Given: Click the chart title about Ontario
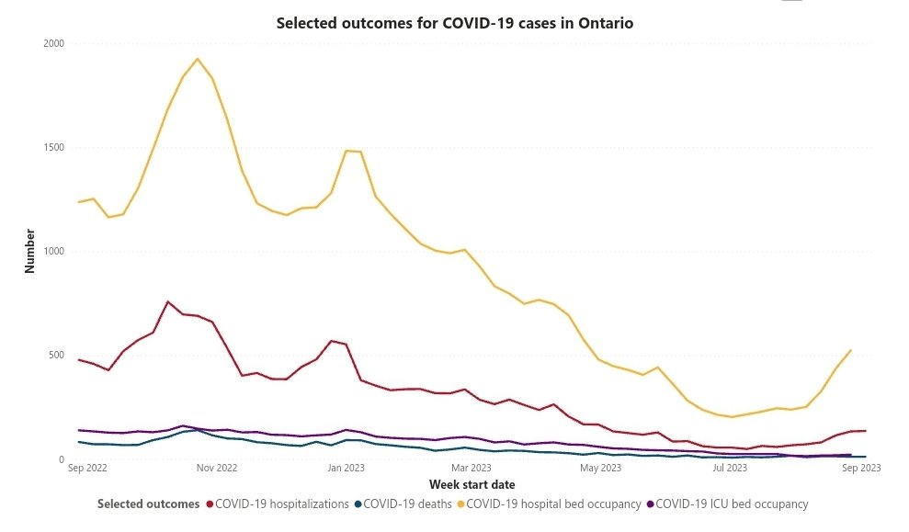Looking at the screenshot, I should (455, 23).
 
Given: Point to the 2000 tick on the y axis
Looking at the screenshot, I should (54, 43).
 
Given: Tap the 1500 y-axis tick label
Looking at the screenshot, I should (54, 147).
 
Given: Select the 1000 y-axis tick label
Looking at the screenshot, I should (54, 252).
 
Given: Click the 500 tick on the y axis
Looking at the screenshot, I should (57, 356).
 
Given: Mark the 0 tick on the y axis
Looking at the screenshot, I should (61, 459).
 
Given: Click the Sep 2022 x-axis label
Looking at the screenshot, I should (88, 468).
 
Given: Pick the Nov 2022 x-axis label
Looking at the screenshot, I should (217, 468).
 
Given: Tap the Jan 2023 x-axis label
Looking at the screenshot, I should (347, 468).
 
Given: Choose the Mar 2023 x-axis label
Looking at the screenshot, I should (472, 468).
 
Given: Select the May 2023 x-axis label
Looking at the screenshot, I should (601, 468).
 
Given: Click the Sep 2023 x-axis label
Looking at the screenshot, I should (862, 468).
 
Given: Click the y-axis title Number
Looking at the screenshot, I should (29, 251).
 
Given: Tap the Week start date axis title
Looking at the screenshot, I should (472, 484).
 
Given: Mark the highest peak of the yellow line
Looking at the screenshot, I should (198, 59).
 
